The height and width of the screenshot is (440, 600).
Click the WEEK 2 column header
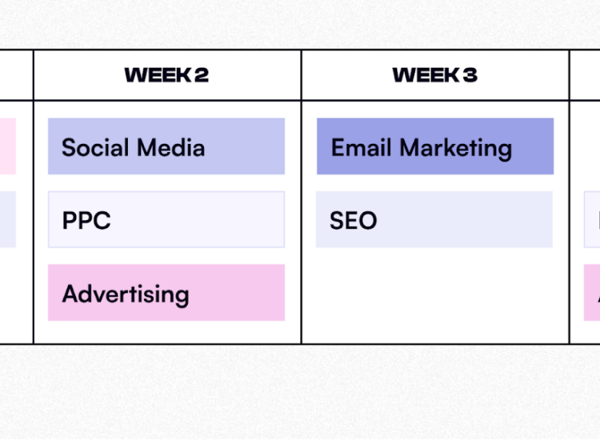click(x=166, y=75)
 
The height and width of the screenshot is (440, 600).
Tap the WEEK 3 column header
click(x=434, y=75)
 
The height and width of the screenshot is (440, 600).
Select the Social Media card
click(x=166, y=146)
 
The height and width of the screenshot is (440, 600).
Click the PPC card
click(x=166, y=220)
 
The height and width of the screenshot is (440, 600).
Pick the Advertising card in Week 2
click(x=166, y=293)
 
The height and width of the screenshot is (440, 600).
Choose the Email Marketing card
click(x=435, y=146)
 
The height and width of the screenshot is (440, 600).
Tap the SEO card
click(x=434, y=220)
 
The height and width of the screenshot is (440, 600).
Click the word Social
click(x=95, y=148)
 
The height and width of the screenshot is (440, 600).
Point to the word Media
click(x=171, y=148)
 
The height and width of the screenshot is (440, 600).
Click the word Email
click(x=362, y=148)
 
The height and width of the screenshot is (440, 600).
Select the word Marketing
click(x=456, y=150)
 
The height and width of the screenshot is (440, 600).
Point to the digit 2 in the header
click(x=202, y=75)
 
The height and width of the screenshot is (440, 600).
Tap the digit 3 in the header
click(x=470, y=75)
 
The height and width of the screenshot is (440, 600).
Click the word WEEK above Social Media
click(x=158, y=75)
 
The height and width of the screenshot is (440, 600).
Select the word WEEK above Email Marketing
click(x=426, y=75)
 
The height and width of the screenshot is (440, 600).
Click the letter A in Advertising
click(x=71, y=294)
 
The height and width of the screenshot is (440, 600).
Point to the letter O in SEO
click(x=367, y=221)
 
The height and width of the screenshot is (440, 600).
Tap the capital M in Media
click(x=147, y=148)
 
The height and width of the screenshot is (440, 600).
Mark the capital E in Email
click(x=338, y=148)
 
